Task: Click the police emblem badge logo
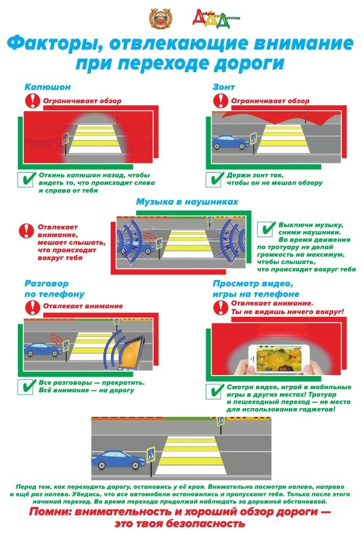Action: pyautogui.click(x=161, y=18)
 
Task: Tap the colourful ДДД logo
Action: pyautogui.click(x=216, y=19)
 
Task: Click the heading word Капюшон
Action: pyautogui.click(x=48, y=87)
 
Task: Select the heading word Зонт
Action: pyautogui.click(x=224, y=87)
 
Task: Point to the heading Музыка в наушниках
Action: pyautogui.click(x=187, y=202)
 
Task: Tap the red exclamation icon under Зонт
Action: pyautogui.click(x=221, y=100)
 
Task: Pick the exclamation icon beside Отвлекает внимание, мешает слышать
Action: pyautogui.click(x=26, y=231)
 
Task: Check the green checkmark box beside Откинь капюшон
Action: pyautogui.click(x=26, y=179)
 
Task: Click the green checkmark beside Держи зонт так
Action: pyautogui.click(x=214, y=179)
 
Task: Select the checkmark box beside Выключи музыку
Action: pyautogui.click(x=266, y=229)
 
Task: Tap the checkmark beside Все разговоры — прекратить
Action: pyautogui.click(x=26, y=386)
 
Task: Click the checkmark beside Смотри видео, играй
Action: pyautogui.click(x=214, y=391)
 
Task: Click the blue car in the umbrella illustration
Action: pyautogui.click(x=231, y=142)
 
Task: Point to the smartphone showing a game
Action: pyautogui.click(x=279, y=359)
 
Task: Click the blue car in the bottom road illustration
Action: pyautogui.click(x=118, y=460)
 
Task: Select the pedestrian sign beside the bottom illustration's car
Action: pyautogui.click(x=151, y=455)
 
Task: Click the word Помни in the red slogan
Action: pyautogui.click(x=50, y=512)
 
